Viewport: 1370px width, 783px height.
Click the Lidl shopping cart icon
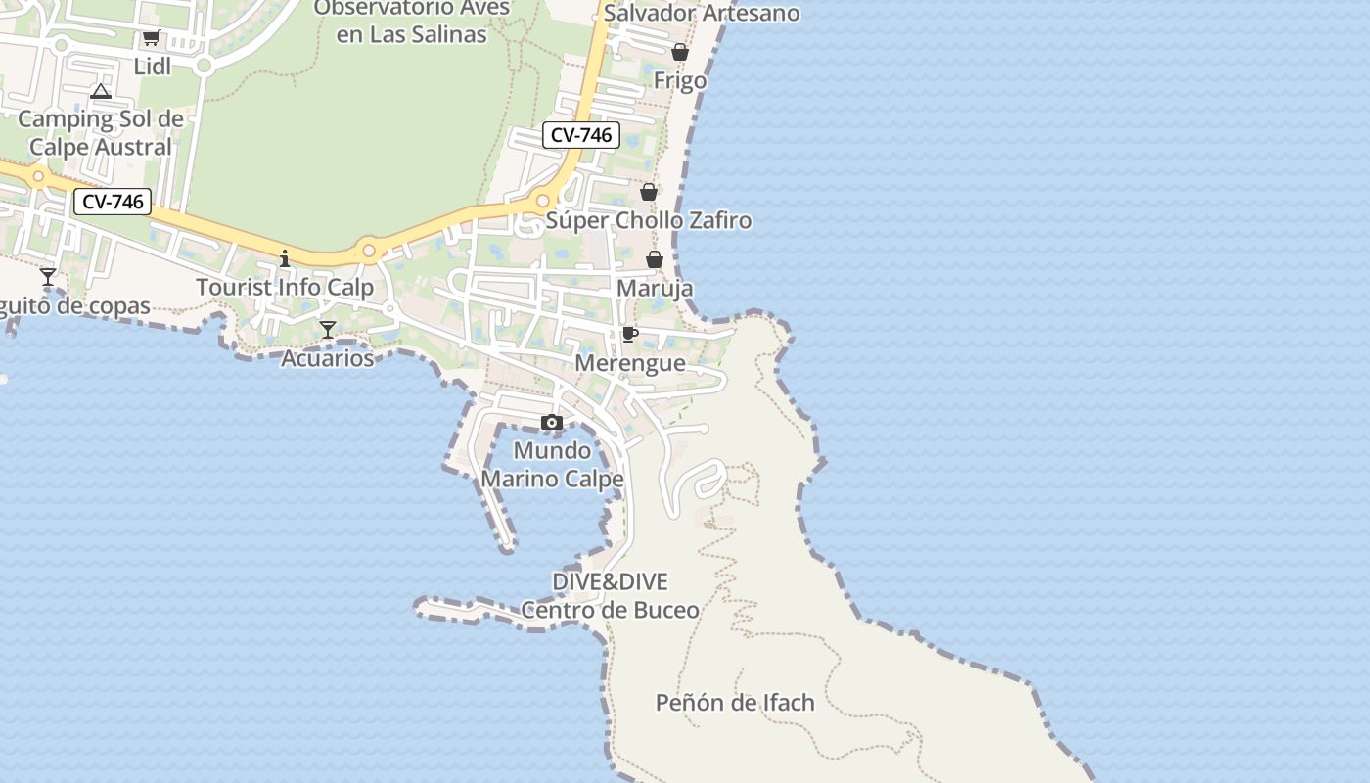coord(151,38)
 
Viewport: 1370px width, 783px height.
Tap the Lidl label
coord(153,67)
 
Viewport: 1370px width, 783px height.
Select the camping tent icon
coord(100,92)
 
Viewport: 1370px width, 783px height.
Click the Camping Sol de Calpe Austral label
coord(101,133)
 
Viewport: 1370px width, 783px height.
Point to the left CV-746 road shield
coord(114,203)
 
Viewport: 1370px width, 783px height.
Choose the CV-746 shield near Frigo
coord(581,135)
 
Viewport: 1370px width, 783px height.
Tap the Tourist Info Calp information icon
coord(285,258)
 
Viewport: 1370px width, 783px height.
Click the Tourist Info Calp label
coord(285,288)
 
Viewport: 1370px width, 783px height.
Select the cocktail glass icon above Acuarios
coord(328,330)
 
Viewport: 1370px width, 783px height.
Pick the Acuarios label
coord(328,358)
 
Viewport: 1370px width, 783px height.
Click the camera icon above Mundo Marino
coord(552,423)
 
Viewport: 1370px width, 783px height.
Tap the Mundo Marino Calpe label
coord(552,465)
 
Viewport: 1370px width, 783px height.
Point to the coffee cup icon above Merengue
coord(630,335)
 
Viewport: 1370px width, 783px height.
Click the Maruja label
coord(655,289)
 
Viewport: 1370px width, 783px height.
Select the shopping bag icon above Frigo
coord(680,52)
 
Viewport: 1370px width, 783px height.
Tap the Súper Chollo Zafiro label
coord(649,220)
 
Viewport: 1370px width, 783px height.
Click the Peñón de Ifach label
coord(735,703)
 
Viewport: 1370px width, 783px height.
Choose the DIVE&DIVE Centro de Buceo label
coord(611,596)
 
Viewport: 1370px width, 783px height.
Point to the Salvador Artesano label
coord(702,14)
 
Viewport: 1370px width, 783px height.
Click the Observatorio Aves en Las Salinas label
coord(412,22)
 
